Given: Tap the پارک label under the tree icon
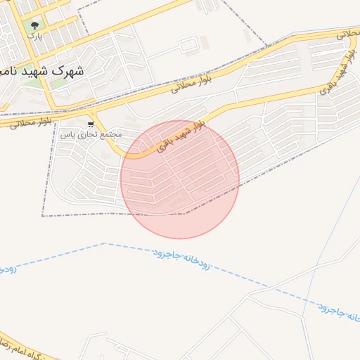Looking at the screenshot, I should click(x=35, y=36).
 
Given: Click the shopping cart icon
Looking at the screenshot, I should click(x=90, y=124).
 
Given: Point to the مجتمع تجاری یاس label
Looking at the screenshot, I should click(x=91, y=134).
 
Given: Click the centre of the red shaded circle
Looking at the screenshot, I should click(x=180, y=179).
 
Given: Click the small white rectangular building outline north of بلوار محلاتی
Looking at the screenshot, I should click(x=188, y=46).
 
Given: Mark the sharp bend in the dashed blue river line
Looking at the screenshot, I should click(x=104, y=243).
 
